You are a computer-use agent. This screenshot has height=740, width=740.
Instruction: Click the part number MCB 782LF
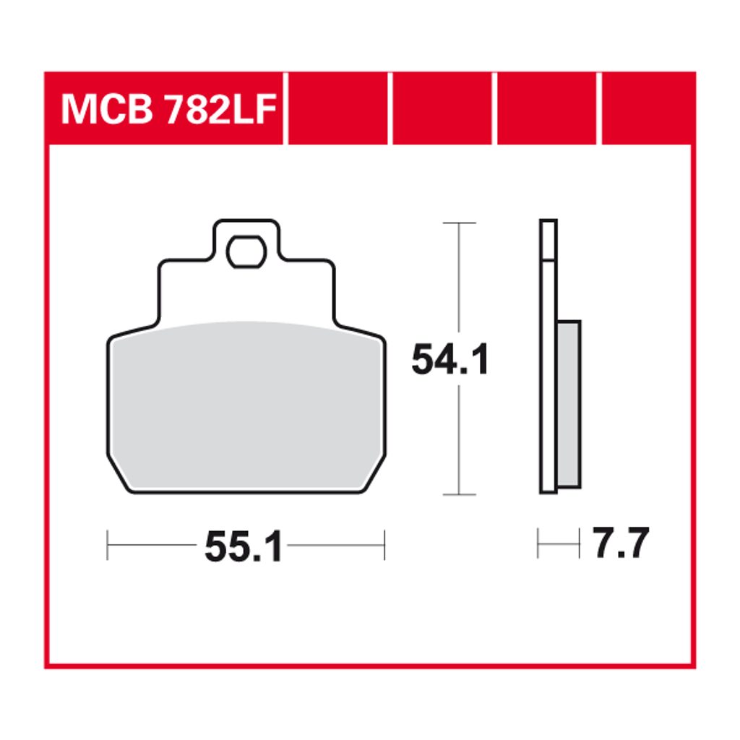coord(168,110)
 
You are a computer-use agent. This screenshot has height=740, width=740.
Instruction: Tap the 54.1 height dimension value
coord(450,360)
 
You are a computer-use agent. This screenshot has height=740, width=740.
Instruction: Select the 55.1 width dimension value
coord(244,546)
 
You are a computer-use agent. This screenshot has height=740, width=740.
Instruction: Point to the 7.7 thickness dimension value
coord(621,543)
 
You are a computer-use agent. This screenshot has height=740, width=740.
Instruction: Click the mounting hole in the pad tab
coord(246,251)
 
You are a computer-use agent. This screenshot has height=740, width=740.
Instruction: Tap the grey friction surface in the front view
coord(246,406)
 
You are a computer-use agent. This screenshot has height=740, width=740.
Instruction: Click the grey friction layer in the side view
coord(569,404)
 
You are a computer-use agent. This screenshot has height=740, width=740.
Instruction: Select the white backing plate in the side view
coord(548,357)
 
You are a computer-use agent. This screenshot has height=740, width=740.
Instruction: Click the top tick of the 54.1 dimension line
coord(459,223)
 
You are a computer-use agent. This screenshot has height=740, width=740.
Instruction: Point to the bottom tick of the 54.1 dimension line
coord(459,494)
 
